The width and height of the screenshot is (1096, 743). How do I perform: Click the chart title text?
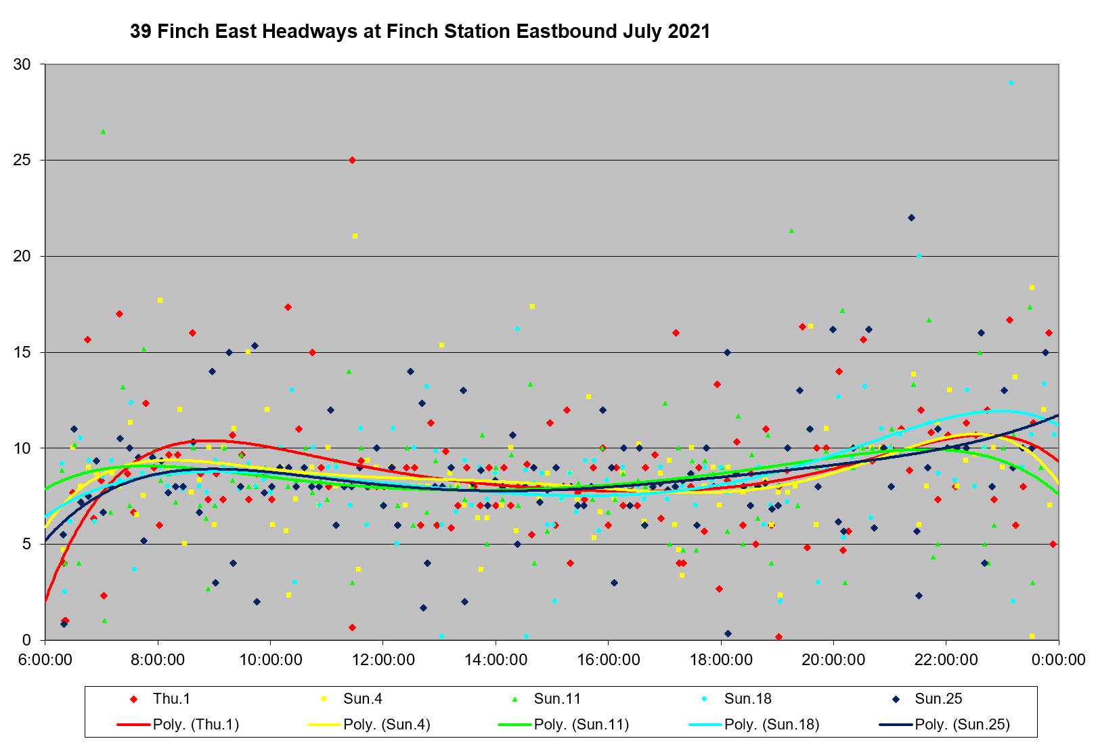click(x=420, y=32)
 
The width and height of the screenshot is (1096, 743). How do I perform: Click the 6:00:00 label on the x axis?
click(x=46, y=660)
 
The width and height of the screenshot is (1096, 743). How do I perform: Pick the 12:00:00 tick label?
click(x=383, y=660)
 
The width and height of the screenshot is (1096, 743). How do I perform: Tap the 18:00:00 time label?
click(x=721, y=660)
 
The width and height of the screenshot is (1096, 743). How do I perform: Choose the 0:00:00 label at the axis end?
click(x=1059, y=660)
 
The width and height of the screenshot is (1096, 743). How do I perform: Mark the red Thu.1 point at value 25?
click(x=352, y=160)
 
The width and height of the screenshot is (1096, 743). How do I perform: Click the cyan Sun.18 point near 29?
click(x=1011, y=83)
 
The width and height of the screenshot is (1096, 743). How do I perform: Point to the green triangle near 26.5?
click(x=103, y=131)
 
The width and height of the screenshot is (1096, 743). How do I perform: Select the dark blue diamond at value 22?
click(x=911, y=217)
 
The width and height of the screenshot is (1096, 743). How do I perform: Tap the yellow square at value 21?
click(x=355, y=236)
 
